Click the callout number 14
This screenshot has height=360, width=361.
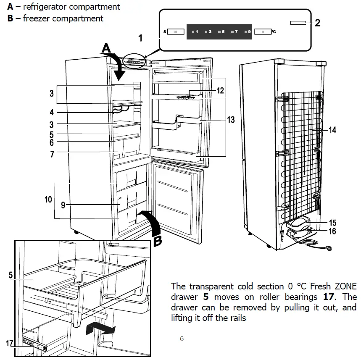coord(332,130)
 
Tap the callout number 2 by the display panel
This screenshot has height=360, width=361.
coord(317,23)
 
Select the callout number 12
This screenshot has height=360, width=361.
coord(220,90)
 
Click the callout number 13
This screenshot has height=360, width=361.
coord(231,120)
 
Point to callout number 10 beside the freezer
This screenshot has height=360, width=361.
coord(48,200)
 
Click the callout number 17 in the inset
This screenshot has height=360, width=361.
coord(10,343)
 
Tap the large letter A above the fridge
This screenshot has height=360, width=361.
coord(107,49)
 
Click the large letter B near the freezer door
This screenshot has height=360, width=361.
coord(157,241)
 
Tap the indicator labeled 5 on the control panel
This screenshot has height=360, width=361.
coord(222,32)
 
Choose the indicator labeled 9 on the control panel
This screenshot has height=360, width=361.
coord(248,32)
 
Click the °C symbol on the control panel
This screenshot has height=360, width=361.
coord(274,32)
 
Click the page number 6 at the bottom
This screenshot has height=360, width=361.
coord(182,339)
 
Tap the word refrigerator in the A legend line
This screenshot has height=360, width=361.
coord(47,7)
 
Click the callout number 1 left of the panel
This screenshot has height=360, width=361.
coord(142,38)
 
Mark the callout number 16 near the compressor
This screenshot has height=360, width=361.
coord(332,231)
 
